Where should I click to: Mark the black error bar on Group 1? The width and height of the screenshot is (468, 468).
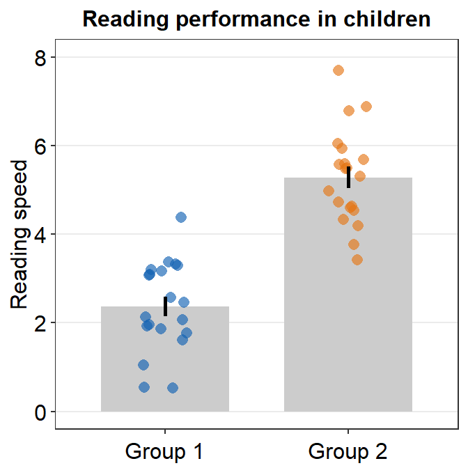tap(165, 306)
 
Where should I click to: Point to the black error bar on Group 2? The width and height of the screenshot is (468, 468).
tap(348, 177)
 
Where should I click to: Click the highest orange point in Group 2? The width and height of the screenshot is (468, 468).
tap(338, 70)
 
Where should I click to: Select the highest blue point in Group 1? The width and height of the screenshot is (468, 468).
tap(181, 217)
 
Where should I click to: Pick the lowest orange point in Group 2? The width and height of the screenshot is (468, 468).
tap(357, 260)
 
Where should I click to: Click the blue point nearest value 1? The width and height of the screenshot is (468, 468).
tap(143, 365)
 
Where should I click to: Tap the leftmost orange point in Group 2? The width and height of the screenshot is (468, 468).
tap(329, 191)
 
